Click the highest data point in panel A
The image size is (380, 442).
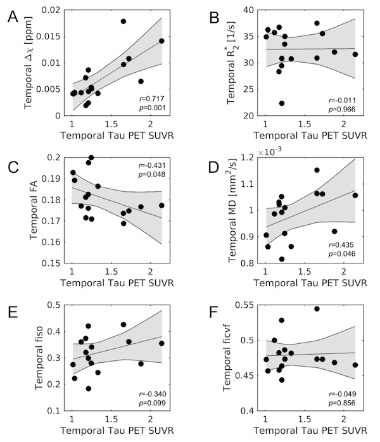pyautogui.click(x=123, y=22)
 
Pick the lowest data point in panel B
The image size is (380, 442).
pyautogui.click(x=282, y=103)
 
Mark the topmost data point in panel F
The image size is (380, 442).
pyautogui.click(x=317, y=309)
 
